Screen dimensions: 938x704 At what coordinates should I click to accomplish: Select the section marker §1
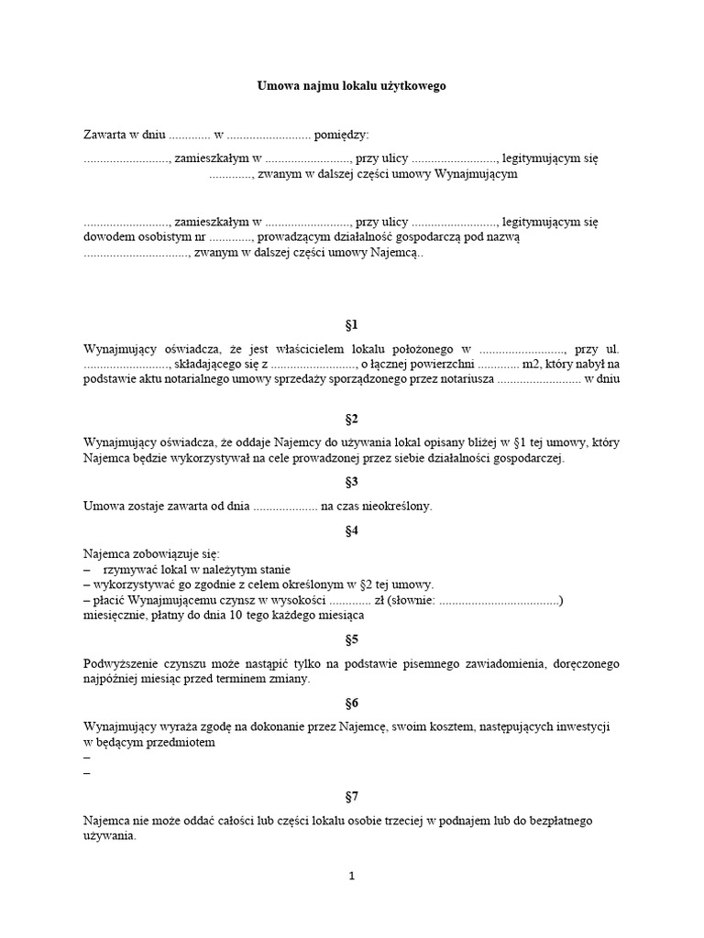[x=351, y=325]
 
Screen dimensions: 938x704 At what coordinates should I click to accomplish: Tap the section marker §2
[x=351, y=420]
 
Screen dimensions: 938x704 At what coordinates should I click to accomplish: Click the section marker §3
[x=351, y=481]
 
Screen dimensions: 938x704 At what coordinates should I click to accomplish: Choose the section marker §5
[x=351, y=639]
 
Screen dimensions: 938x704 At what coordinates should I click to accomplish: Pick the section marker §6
[x=351, y=703]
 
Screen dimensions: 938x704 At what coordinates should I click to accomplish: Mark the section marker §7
[x=351, y=797]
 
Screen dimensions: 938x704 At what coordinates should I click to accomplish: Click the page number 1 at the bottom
[x=351, y=876]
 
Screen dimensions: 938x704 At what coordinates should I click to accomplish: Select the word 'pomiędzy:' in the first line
[x=341, y=135]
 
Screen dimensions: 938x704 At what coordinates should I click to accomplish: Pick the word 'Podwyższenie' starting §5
[x=119, y=662]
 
